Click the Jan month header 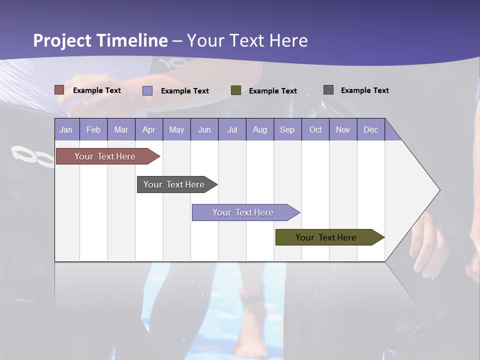tap(66, 129)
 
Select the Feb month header tap(93, 129)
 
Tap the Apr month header tap(149, 129)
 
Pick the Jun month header tap(204, 129)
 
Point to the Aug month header tap(260, 129)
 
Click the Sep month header tap(287, 129)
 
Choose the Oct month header tap(315, 129)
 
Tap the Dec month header tap(371, 129)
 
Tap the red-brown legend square tap(59, 90)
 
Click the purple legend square tap(147, 90)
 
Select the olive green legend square tap(236, 90)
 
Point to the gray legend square tap(328, 90)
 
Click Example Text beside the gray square tap(364, 90)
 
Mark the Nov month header tap(343, 129)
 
